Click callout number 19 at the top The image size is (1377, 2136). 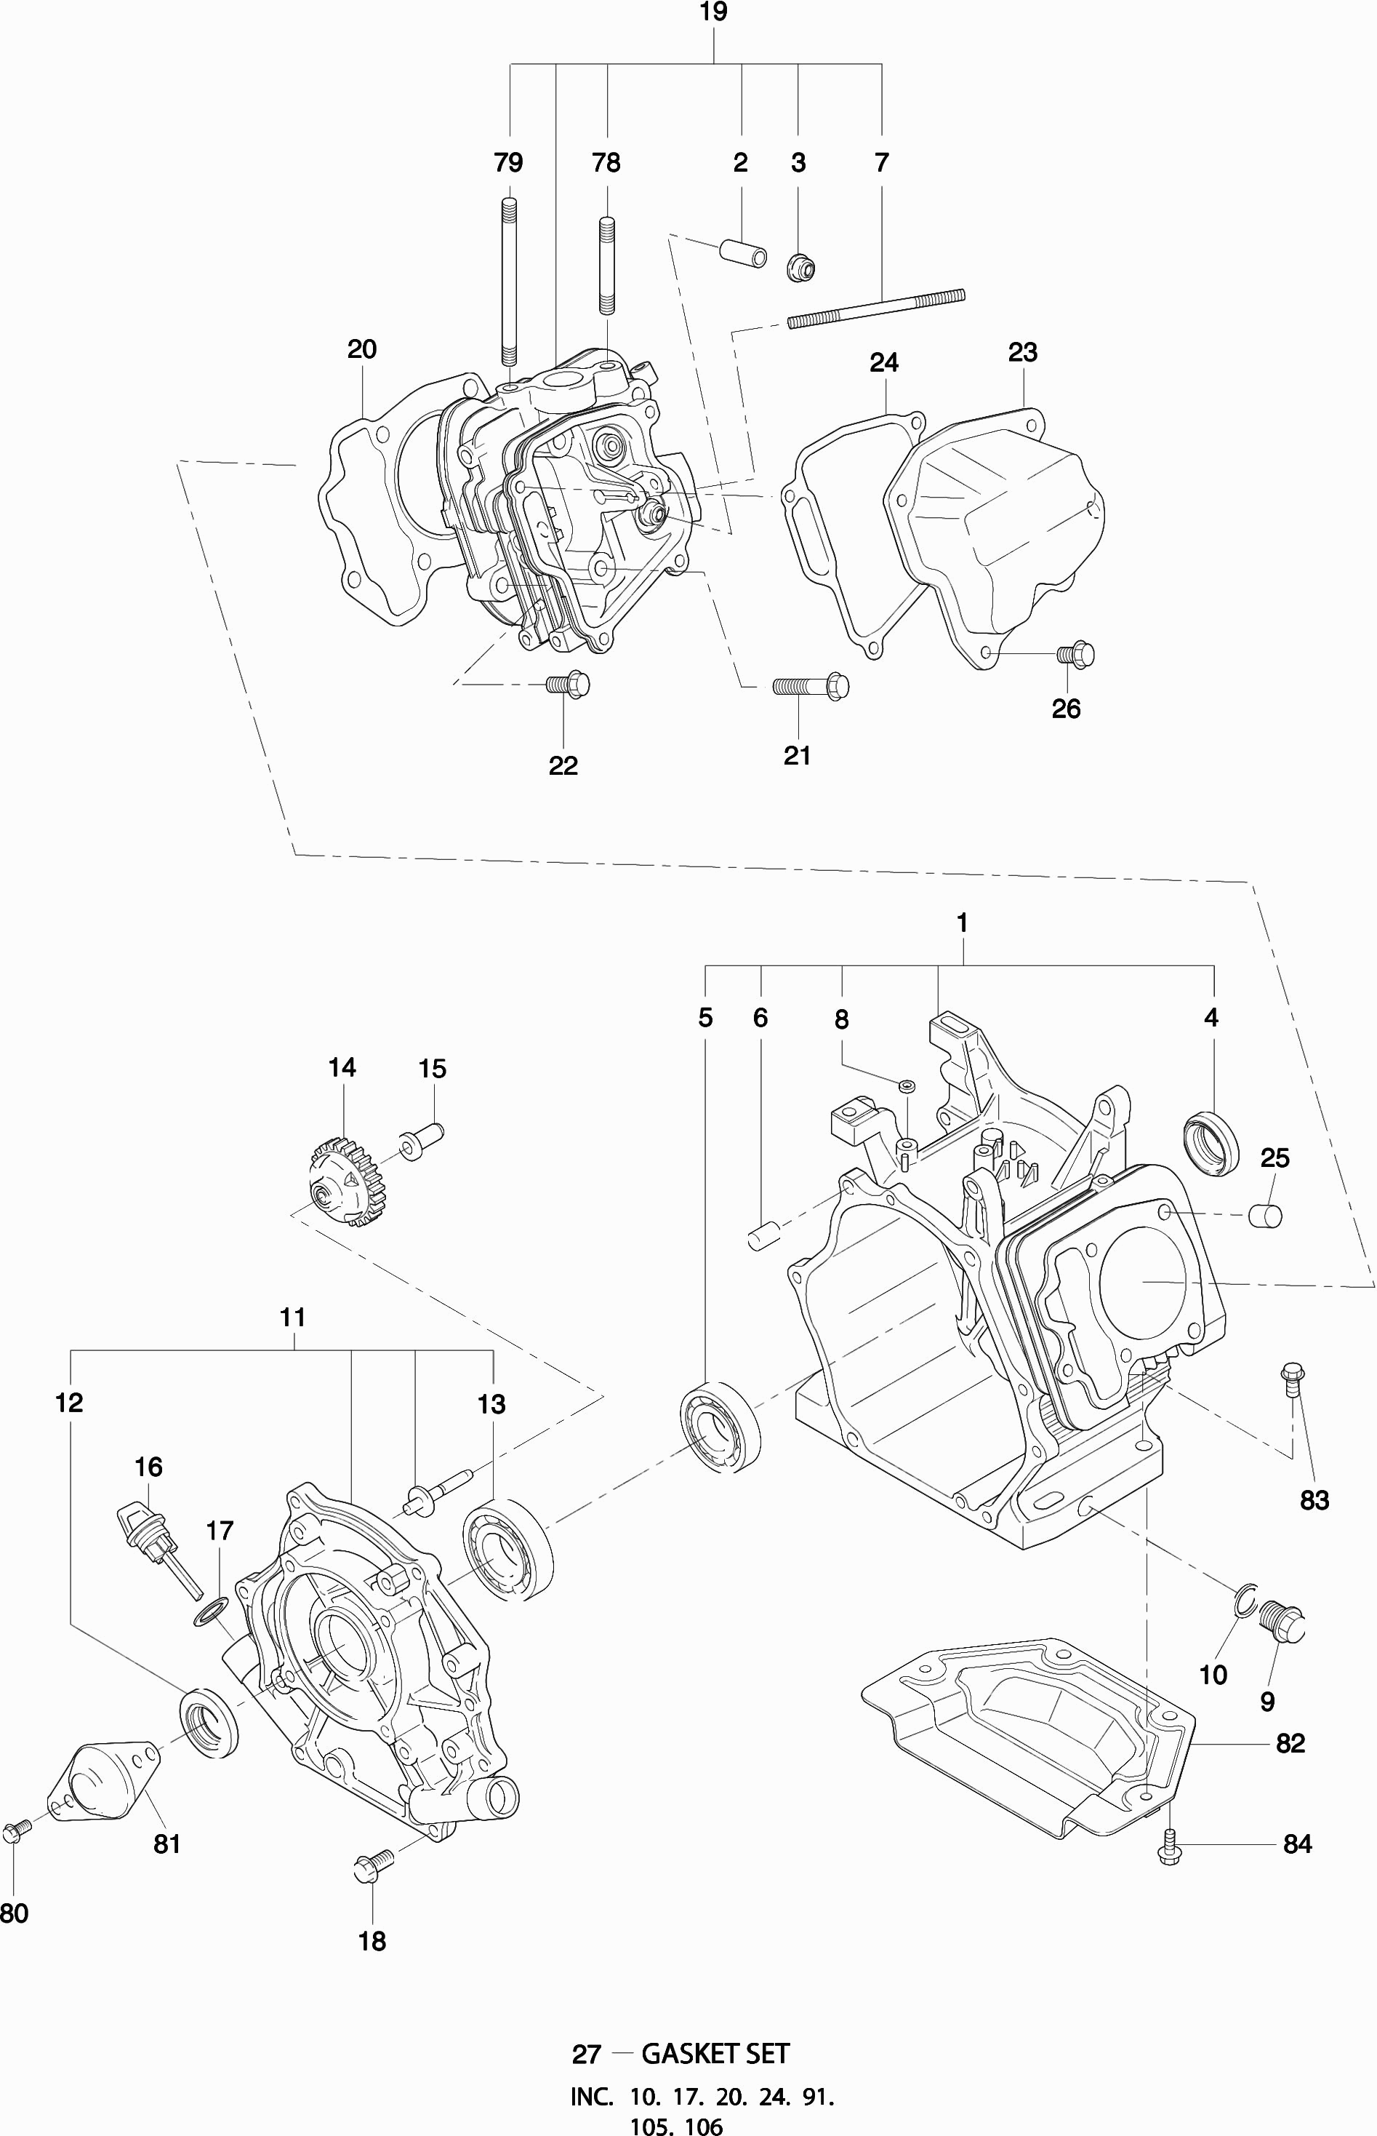pyautogui.click(x=712, y=12)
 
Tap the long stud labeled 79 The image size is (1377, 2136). pyautogui.click(x=509, y=282)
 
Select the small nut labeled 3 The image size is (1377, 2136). pyautogui.click(x=801, y=266)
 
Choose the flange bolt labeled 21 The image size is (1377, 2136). pyautogui.click(x=810, y=687)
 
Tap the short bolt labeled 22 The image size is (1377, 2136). pyautogui.click(x=568, y=686)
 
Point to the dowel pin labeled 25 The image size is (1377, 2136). pyautogui.click(x=1265, y=1216)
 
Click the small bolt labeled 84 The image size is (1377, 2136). pyautogui.click(x=1168, y=1846)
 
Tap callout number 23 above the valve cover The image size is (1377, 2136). pyautogui.click(x=1022, y=352)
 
